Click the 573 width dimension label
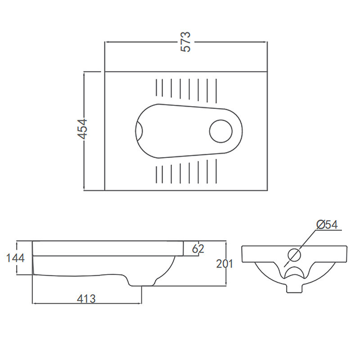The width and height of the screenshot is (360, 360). [186, 42]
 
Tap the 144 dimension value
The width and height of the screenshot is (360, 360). [15, 258]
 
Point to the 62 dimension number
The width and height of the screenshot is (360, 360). [198, 248]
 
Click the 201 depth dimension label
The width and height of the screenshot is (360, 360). [225, 264]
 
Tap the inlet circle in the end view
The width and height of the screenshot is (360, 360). [294, 255]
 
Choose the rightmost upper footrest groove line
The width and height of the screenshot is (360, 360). [216, 88]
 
